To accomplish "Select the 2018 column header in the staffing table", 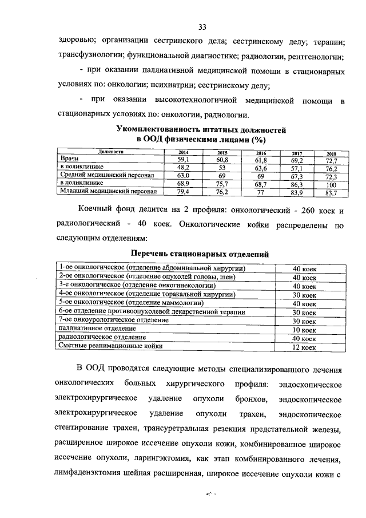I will coord(331,153).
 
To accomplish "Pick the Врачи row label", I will coord(70,158).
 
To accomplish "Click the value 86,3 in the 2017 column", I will coord(297,185).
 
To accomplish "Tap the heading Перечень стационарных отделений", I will coord(200,254).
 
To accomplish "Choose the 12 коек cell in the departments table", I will coord(304,347).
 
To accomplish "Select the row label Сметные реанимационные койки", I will coord(111,346).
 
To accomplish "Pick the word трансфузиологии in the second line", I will coord(89,57).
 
